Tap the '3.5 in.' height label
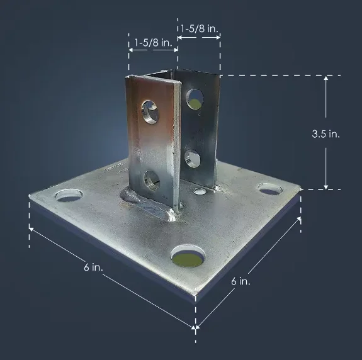pos(327,134)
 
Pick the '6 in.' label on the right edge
pos(241,281)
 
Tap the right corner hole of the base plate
pos(269,188)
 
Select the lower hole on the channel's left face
pos(152,179)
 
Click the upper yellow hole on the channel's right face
pos(195,98)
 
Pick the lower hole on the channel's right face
pos(193,157)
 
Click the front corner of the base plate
pos(195,296)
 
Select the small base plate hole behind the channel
pos(200,191)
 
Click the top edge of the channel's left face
pos(150,77)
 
